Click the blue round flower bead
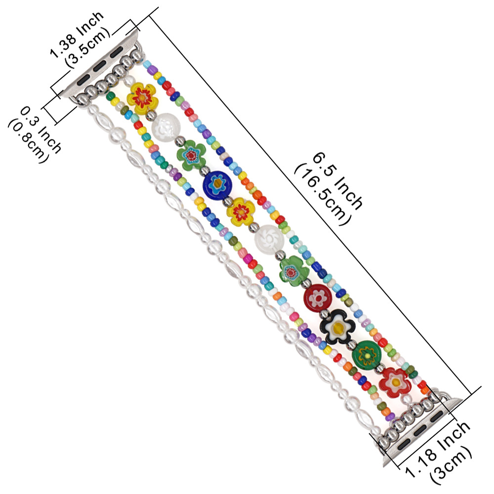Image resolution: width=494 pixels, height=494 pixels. (x=217, y=186)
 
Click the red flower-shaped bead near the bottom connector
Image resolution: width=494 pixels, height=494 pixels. (x=395, y=382)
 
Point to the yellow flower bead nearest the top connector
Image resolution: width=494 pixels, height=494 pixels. (x=142, y=98)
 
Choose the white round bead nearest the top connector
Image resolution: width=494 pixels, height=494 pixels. (x=166, y=128)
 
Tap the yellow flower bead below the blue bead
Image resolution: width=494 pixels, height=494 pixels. (x=241, y=212)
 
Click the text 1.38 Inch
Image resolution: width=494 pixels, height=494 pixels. (x=77, y=35)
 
